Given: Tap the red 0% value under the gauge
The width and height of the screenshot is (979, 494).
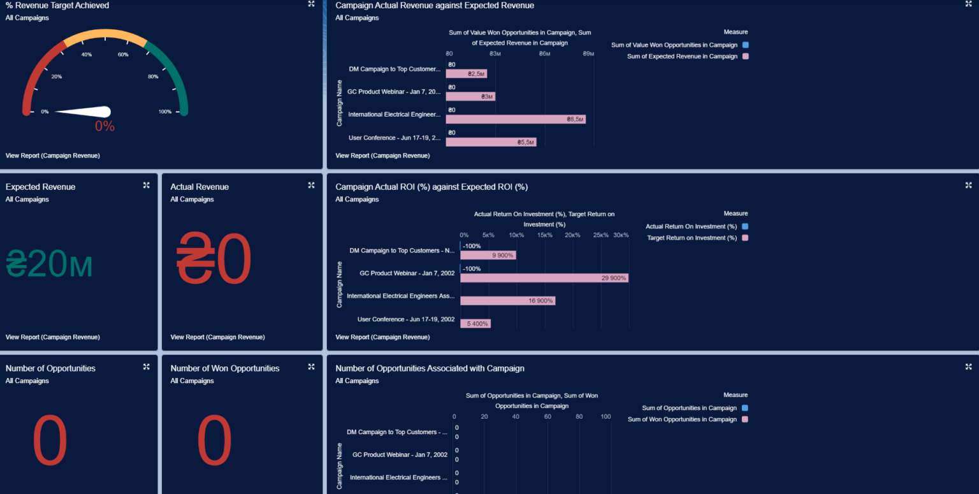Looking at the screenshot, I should tap(105, 126).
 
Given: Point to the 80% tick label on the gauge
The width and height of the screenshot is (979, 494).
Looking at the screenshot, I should tap(153, 76).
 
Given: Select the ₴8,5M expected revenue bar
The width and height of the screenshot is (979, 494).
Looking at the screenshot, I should tap(515, 119).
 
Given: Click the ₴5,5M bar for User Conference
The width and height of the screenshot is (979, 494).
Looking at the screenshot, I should tap(490, 142).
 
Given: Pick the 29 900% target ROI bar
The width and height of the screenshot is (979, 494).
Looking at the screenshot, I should tap(544, 278).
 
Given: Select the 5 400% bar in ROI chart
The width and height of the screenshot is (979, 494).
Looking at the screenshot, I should tap(475, 324).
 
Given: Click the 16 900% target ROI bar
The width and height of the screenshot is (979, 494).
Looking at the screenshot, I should tap(507, 301).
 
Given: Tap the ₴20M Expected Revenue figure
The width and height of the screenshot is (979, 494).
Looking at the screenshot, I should tap(49, 264).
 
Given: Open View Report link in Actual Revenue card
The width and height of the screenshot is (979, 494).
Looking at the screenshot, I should tap(217, 337).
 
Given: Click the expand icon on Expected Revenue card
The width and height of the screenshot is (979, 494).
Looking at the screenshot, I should tap(147, 185).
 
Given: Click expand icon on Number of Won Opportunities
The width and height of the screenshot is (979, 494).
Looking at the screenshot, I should tap(312, 367).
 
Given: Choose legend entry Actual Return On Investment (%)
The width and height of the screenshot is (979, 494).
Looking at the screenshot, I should tap(691, 226).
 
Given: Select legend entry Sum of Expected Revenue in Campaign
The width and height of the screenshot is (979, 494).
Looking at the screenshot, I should tap(682, 56).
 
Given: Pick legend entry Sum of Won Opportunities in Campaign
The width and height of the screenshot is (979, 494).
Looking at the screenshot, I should tap(682, 419).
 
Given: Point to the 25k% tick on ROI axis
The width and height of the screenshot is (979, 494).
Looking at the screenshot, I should tap(600, 235).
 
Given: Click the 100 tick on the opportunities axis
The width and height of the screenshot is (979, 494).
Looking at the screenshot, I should tap(606, 417).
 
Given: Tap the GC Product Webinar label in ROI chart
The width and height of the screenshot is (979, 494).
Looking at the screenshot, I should tap(407, 273).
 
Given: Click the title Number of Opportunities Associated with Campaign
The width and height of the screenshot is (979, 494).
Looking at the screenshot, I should tap(430, 368).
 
